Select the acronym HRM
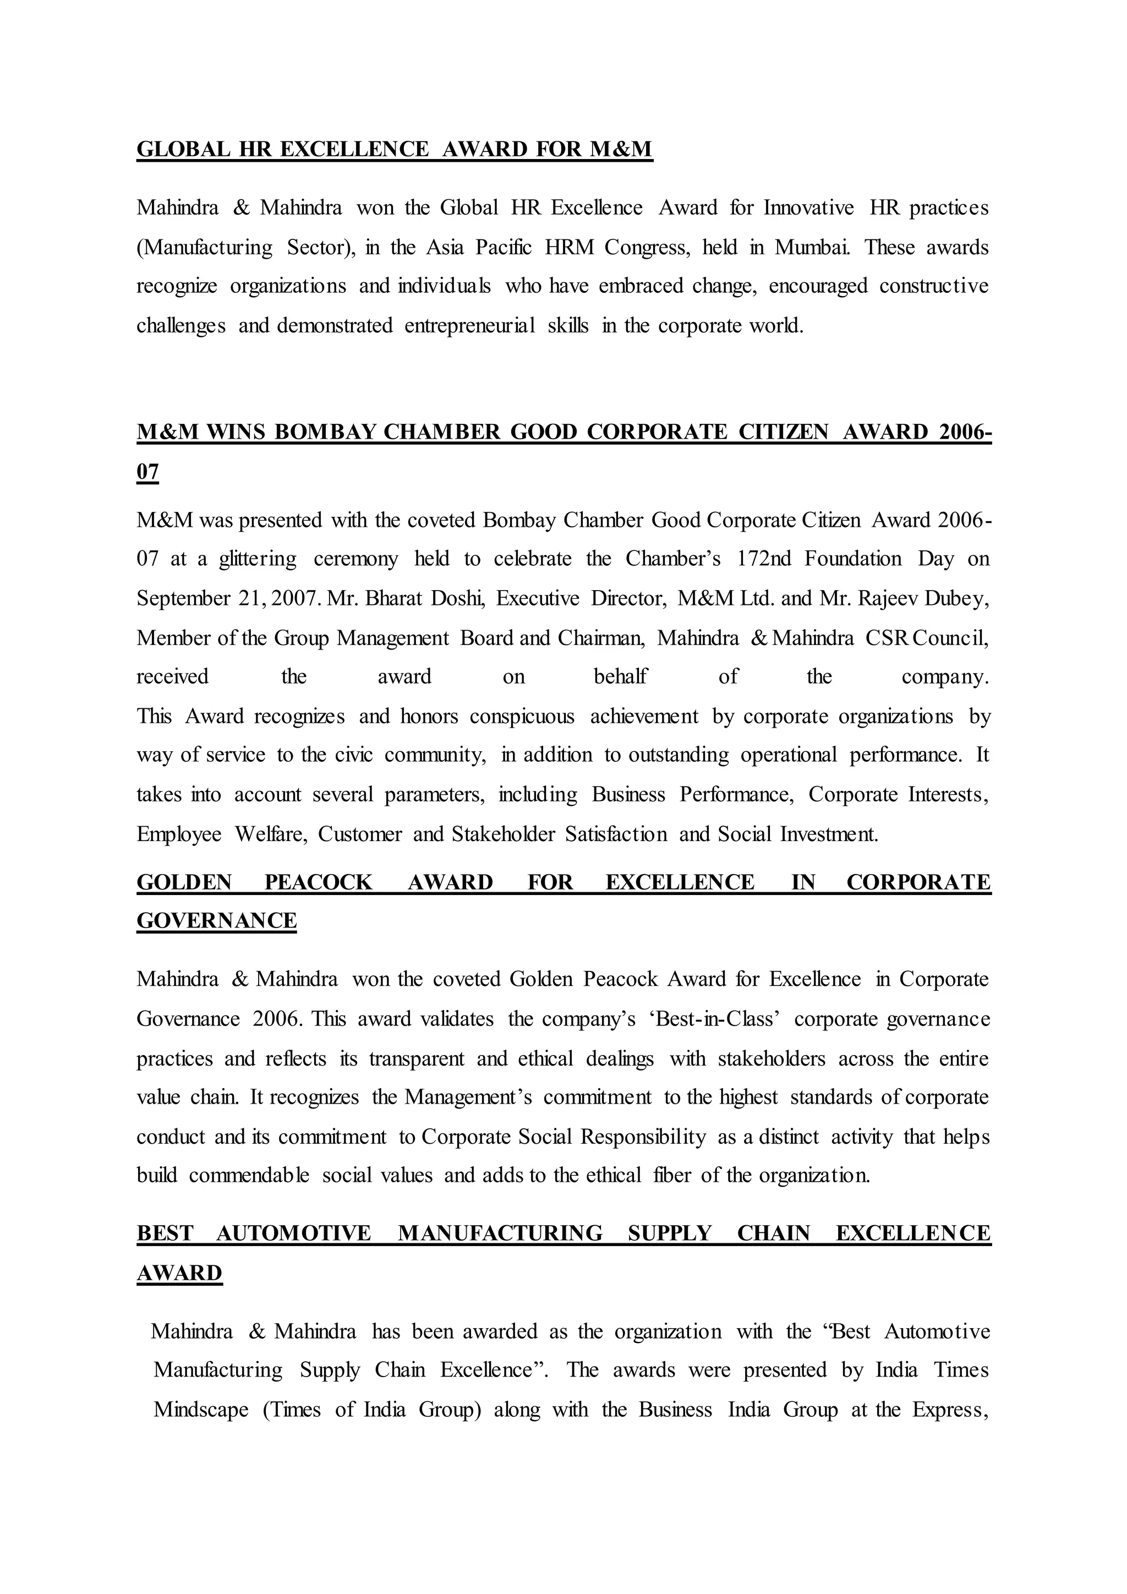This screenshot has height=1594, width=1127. [569, 247]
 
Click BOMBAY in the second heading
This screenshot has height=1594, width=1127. [325, 432]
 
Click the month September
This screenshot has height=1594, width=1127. [183, 598]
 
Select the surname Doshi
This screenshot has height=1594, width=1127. [459, 598]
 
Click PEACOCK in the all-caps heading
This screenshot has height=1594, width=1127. [319, 882]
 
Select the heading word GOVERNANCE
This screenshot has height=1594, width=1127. [216, 921]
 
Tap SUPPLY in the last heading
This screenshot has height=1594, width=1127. [670, 1233]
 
